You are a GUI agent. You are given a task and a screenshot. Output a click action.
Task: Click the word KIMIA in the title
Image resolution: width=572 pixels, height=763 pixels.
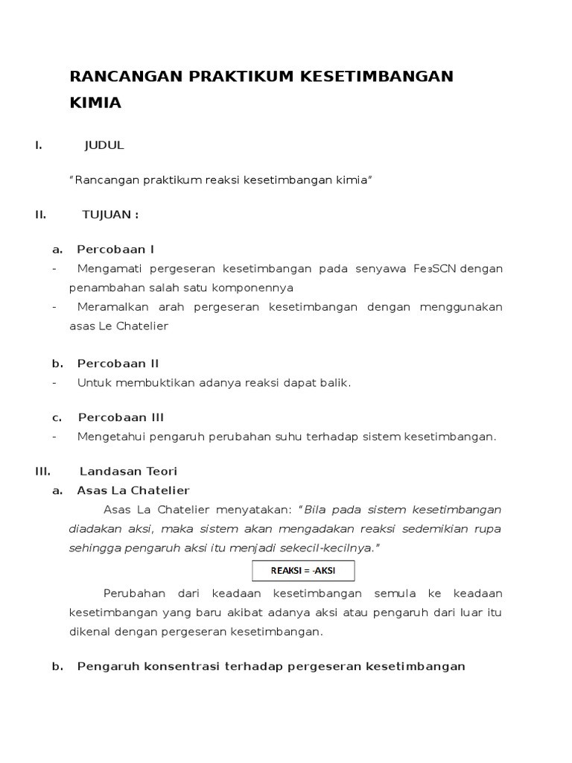click(x=95, y=104)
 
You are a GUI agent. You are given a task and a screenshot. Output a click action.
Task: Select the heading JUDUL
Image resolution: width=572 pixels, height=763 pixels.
click(x=104, y=145)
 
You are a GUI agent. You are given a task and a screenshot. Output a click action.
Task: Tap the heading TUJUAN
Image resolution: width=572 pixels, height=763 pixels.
click(x=109, y=215)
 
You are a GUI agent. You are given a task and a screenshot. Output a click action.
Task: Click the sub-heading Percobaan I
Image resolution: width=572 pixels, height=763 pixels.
click(x=115, y=249)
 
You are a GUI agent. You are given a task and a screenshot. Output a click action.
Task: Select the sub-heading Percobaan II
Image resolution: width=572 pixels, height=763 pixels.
click(x=118, y=364)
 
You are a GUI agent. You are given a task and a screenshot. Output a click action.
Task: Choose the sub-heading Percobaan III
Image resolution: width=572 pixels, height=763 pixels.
click(x=121, y=417)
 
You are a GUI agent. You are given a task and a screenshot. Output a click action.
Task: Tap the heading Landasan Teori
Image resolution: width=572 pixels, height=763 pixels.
click(x=128, y=471)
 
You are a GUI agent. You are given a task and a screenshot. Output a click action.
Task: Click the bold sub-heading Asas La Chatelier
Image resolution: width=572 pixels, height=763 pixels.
click(x=133, y=490)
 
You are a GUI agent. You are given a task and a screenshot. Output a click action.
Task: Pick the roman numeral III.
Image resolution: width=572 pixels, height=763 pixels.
click(x=42, y=471)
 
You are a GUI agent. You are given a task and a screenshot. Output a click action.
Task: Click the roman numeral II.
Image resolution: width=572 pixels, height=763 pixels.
click(x=40, y=215)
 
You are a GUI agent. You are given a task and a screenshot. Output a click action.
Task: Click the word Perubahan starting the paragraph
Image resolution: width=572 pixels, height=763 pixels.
click(x=132, y=594)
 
